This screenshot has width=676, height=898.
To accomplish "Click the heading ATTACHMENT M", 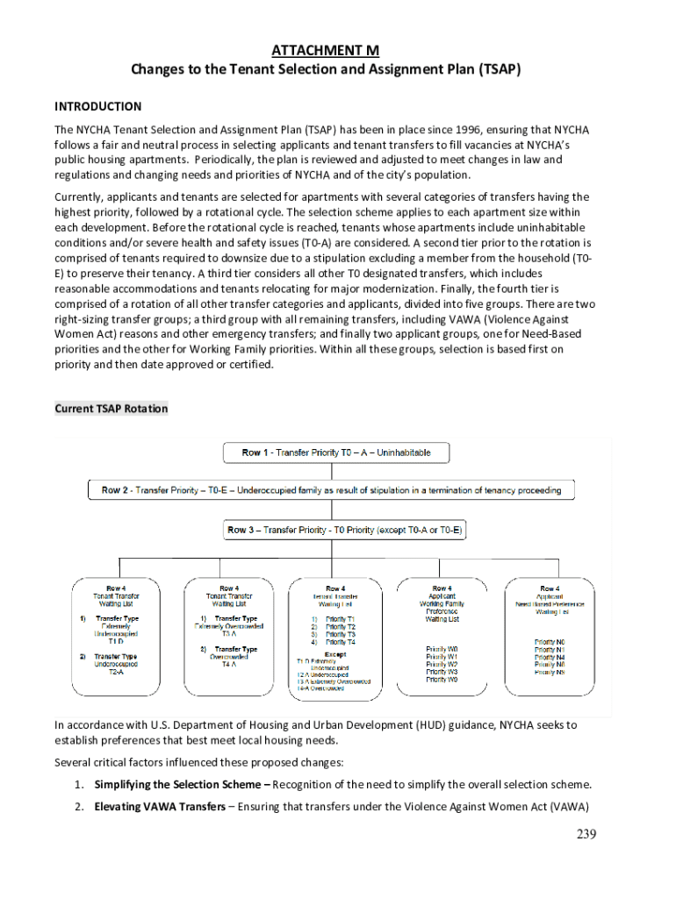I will (x=326, y=51).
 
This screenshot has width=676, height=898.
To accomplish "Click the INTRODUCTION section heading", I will (x=97, y=106).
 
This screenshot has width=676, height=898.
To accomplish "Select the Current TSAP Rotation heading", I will (x=111, y=409).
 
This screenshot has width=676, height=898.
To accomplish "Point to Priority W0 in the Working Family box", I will (x=442, y=650).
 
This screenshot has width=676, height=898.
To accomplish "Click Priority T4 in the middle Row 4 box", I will (x=340, y=642).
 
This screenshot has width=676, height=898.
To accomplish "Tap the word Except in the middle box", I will (x=334, y=654).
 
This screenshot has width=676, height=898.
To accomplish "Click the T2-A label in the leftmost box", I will (x=116, y=672).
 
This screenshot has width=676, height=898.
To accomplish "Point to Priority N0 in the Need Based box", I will (x=549, y=642).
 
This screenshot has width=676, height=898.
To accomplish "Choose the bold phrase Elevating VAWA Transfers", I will (x=159, y=807).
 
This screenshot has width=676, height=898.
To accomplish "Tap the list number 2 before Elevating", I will (x=78, y=807).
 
